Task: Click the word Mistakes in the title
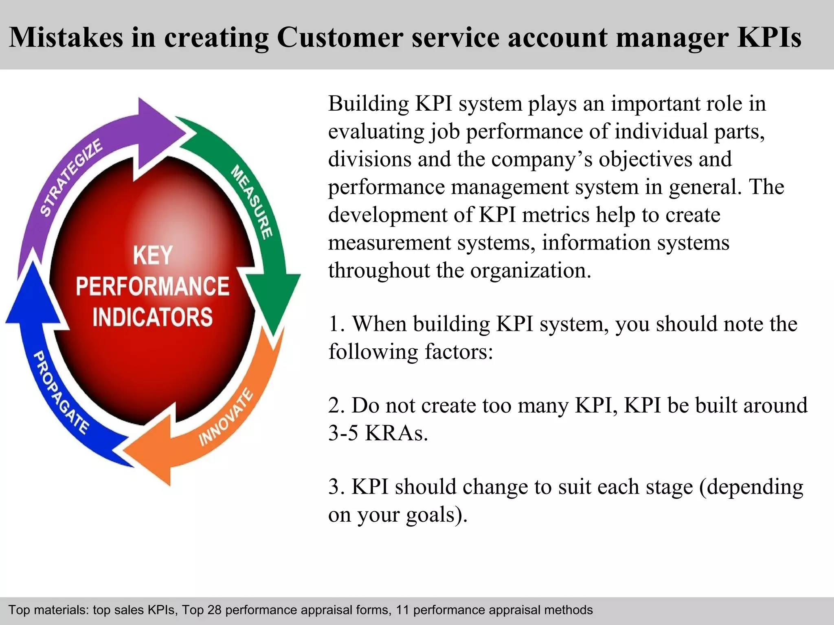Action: click(x=66, y=37)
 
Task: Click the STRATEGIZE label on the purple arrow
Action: click(x=71, y=177)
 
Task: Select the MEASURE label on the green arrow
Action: click(x=252, y=202)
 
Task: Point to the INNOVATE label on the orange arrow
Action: click(x=226, y=417)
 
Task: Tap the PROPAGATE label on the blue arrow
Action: click(x=61, y=392)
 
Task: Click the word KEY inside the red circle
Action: click(x=153, y=256)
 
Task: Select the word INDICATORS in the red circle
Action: click(x=153, y=317)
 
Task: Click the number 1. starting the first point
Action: click(x=337, y=324)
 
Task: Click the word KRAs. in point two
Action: click(x=397, y=433)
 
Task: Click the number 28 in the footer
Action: click(x=214, y=610)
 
